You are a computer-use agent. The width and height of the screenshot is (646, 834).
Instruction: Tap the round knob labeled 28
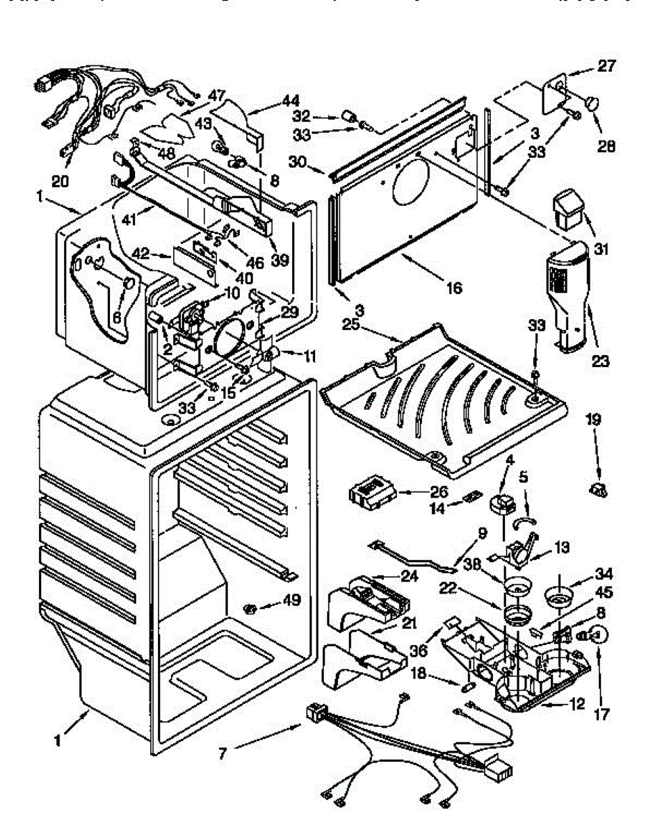pos(592,103)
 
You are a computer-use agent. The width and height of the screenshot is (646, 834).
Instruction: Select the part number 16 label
pos(454,288)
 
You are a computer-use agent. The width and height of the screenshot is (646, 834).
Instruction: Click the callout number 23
pos(600,361)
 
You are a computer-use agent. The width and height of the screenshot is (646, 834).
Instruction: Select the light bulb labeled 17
pos(599,635)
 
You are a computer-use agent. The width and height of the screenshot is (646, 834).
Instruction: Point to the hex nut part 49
pos(250,610)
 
